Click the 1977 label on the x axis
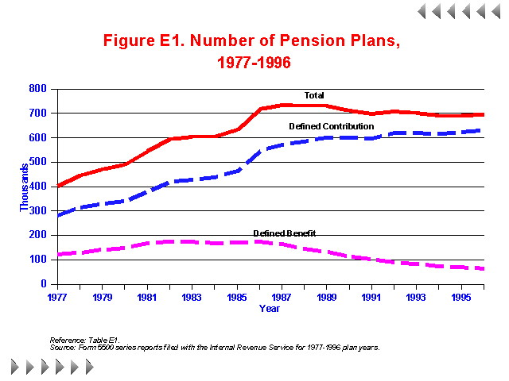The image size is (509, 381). pyautogui.click(x=57, y=298)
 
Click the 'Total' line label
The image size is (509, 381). pyautogui.click(x=314, y=95)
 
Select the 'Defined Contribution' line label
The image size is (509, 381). pyautogui.click(x=331, y=126)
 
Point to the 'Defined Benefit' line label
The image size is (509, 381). pyautogui.click(x=285, y=233)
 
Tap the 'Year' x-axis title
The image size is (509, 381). pyautogui.click(x=269, y=309)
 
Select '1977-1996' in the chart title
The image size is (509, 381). pyautogui.click(x=254, y=63)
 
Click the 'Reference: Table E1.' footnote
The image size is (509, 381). pyautogui.click(x=84, y=340)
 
